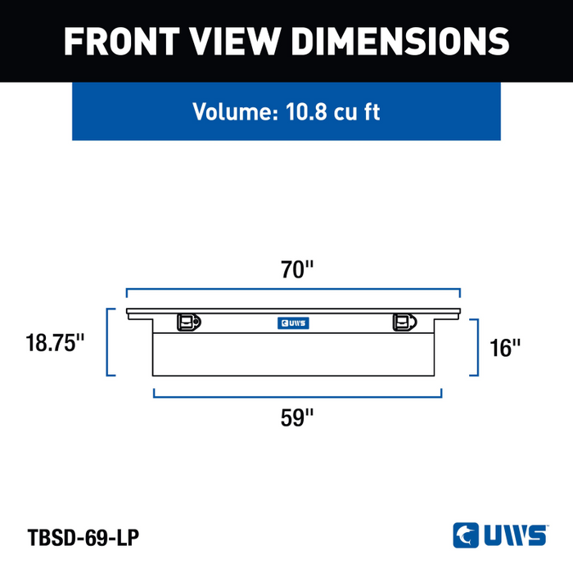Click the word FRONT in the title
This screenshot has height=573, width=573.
coord(122,41)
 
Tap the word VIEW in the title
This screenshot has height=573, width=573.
coord(235,41)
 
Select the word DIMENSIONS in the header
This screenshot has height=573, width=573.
coord(400,41)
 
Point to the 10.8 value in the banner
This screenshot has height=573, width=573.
coord(306,111)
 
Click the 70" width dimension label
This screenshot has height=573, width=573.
coord(296,269)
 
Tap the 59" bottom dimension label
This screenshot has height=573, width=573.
coord(296,417)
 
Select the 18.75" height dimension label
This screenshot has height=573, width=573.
coord(55,343)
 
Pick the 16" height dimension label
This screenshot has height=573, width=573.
coord(505,348)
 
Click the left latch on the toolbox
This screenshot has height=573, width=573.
coord(189,323)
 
